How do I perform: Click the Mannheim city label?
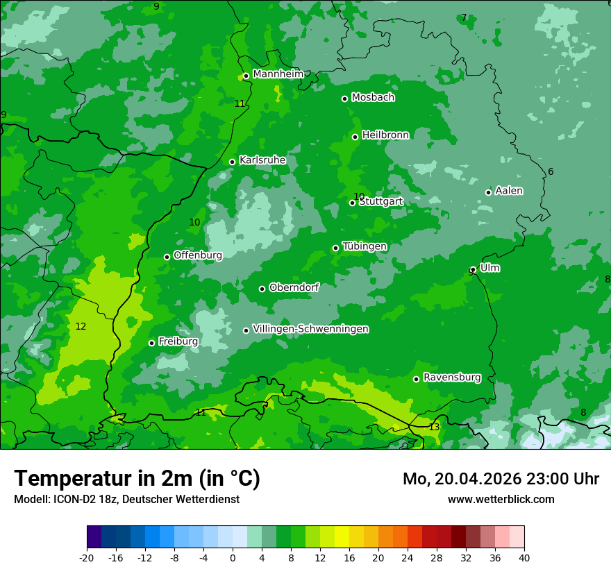tap(278, 74)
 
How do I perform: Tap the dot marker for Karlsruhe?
tap(233, 162)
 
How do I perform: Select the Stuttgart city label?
tap(380, 201)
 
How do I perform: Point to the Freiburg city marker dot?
tap(151, 343)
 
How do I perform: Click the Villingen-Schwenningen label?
tap(310, 329)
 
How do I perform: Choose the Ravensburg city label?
tap(452, 378)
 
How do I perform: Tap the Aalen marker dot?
tap(488, 192)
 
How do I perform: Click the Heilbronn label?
tap(385, 135)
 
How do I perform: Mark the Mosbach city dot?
tap(344, 99)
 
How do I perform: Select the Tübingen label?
tap(365, 246)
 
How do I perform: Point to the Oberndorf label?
tap(294, 287)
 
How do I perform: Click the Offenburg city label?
tap(198, 255)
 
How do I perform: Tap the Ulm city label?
tap(489, 268)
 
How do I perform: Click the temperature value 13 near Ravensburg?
tap(434, 427)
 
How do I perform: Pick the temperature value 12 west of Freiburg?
tap(81, 326)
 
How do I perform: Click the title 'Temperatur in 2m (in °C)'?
tap(137, 479)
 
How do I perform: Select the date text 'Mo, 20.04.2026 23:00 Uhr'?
tap(501, 479)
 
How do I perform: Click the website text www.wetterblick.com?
tap(501, 500)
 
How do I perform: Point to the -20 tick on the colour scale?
tap(87, 557)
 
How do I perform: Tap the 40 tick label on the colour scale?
tap(524, 557)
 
